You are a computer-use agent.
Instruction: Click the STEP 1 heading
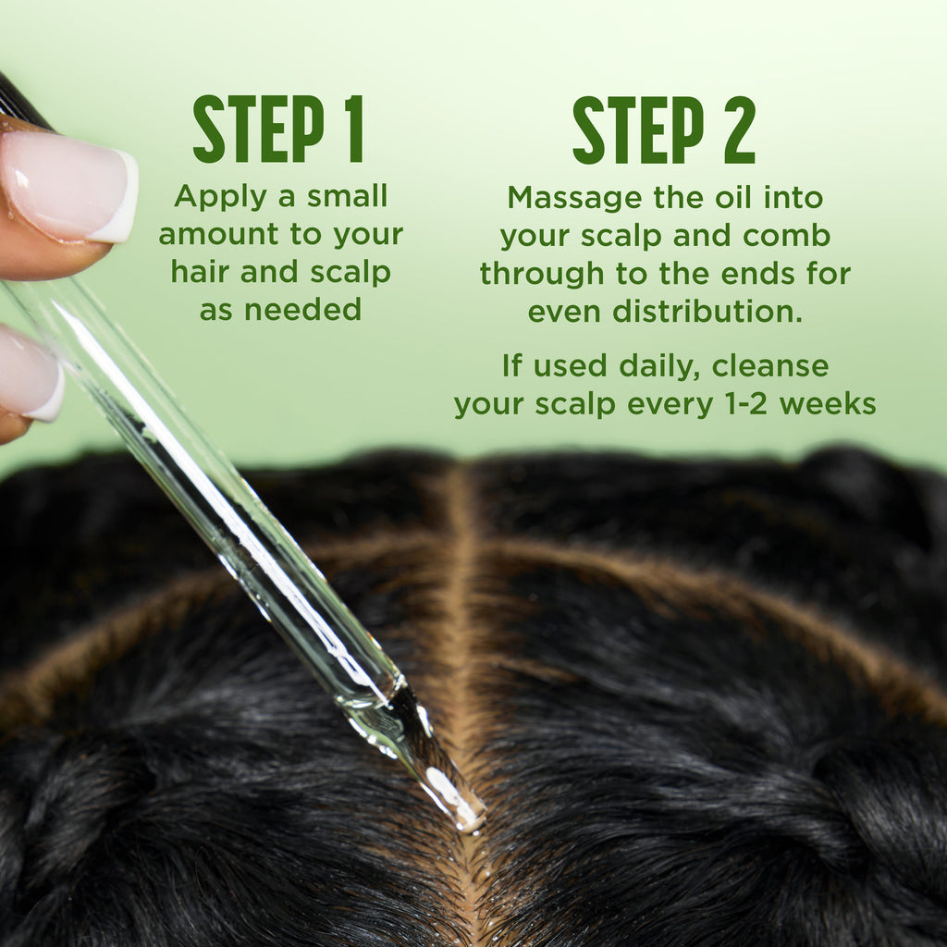tap(278, 129)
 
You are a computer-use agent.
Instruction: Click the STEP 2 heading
tap(664, 129)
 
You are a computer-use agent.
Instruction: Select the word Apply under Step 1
tap(220, 198)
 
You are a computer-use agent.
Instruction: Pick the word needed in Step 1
tap(302, 309)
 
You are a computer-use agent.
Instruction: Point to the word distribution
tap(707, 311)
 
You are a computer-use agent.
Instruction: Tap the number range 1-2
tap(745, 403)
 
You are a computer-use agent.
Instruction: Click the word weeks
tap(828, 403)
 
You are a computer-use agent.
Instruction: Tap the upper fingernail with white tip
tap(69, 186)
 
